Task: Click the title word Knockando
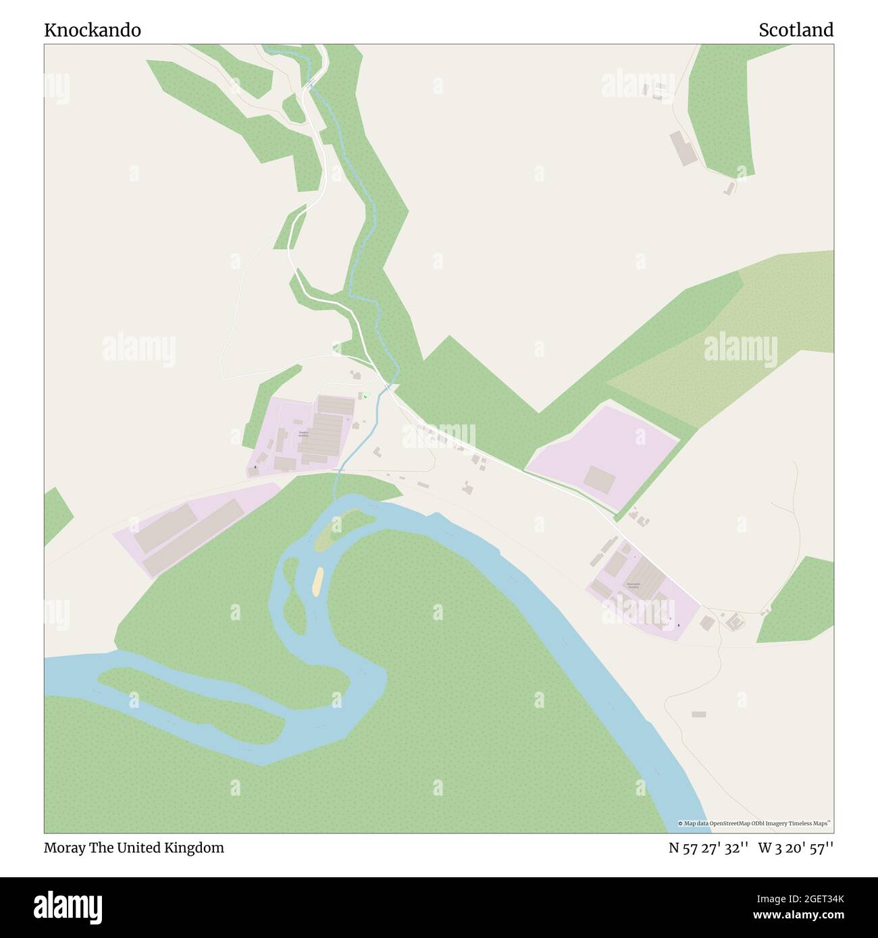pos(93,30)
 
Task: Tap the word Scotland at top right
pos(796,30)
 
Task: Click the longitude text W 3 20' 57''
pos(796,848)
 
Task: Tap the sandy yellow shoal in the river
pos(317,581)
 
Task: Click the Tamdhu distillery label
pos(303,434)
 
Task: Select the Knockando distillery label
pos(633,585)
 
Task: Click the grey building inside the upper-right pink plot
pos(600,479)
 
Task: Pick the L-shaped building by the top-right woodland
pos(683,148)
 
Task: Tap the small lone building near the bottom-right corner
pos(698,714)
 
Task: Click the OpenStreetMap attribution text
pos(754,823)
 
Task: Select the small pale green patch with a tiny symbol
pos(365,396)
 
